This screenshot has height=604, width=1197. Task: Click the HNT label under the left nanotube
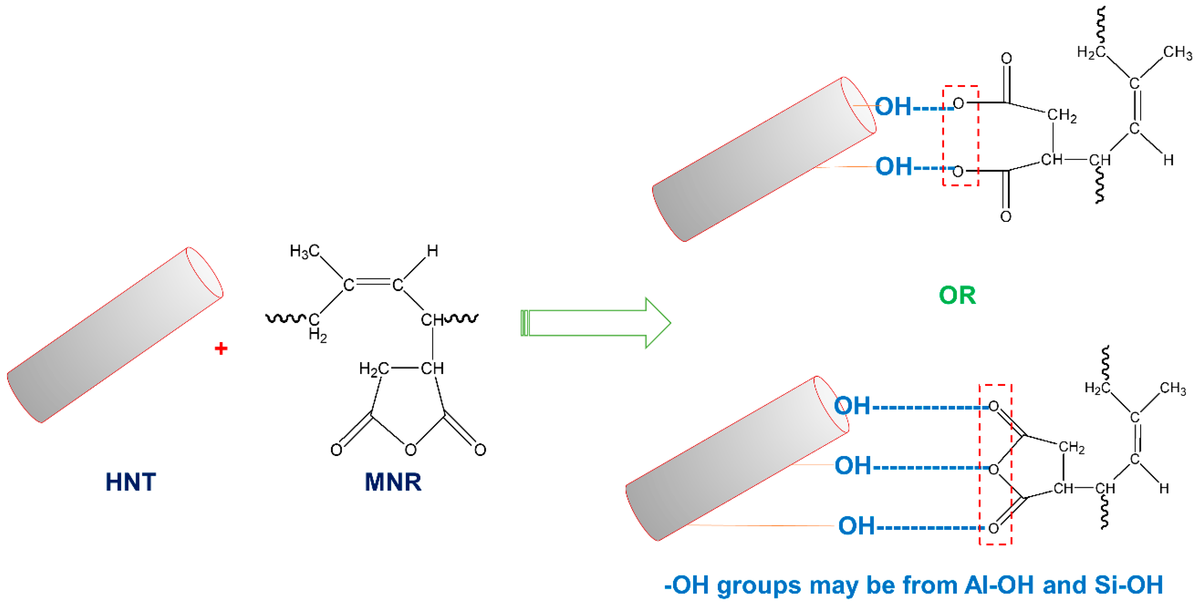coord(131,482)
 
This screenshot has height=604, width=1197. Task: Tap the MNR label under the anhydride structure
coord(393,482)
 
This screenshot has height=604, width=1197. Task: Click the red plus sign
coord(221,348)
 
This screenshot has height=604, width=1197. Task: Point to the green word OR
coord(957,296)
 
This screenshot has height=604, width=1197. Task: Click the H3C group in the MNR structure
coord(304,251)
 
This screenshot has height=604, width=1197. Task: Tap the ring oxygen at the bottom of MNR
coord(410,450)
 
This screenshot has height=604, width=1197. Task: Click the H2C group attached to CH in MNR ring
coord(374,369)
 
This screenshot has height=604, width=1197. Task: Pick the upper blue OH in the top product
coord(893,106)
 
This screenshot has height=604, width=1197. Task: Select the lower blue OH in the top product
coord(894,166)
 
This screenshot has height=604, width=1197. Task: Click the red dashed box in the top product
coord(960,136)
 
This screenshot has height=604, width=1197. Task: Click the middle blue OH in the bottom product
coord(853,466)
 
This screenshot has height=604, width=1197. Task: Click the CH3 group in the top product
coord(1177,52)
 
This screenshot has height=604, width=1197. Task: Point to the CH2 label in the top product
coord(1062,115)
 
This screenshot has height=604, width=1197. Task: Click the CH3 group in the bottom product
coord(1173,388)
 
